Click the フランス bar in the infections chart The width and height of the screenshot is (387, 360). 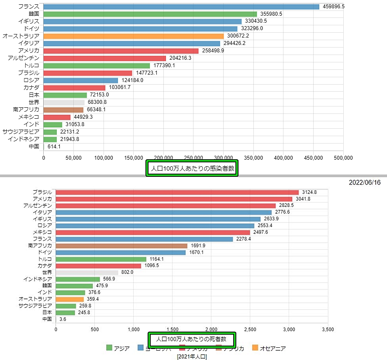click(x=181, y=7)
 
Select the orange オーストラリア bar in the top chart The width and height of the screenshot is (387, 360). click(x=133, y=36)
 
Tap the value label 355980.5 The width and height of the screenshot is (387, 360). click(x=272, y=14)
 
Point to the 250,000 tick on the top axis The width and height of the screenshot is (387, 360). click(x=193, y=158)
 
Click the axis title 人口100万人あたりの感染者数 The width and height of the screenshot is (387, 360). click(x=192, y=168)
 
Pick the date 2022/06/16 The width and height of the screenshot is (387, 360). click(x=365, y=182)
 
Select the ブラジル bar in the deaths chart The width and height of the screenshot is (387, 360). click(x=177, y=192)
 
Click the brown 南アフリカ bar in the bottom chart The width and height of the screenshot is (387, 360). click(x=121, y=246)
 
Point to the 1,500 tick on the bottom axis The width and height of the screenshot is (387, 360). click(x=173, y=329)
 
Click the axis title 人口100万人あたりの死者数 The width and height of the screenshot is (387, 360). click(x=191, y=339)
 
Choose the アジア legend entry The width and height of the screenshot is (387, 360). click(x=118, y=348)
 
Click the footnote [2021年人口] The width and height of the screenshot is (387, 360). click(x=192, y=357)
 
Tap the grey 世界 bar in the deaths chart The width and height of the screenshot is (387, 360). click(x=87, y=272)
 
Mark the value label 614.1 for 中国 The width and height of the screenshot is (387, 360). click(x=54, y=147)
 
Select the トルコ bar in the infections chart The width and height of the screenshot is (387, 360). click(x=97, y=65)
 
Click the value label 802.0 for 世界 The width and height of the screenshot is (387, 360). click(x=127, y=272)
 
